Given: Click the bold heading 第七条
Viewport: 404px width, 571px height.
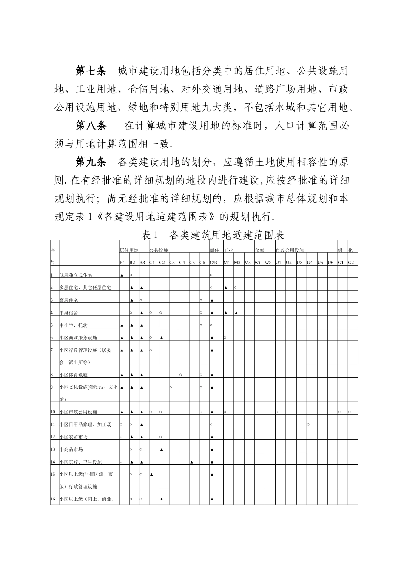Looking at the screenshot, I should (x=91, y=70).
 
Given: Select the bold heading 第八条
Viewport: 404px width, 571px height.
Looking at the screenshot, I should (x=91, y=126).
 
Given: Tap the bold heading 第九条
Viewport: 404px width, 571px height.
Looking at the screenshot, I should (x=91, y=162).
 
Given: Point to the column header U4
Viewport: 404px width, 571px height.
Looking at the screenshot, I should (x=310, y=263).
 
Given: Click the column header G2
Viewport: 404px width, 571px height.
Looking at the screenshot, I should (x=351, y=263).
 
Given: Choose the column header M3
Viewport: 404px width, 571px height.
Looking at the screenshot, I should (x=248, y=263).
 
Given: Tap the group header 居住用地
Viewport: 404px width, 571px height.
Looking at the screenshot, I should (x=129, y=250).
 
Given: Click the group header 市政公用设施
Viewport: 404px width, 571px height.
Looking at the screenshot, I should (x=290, y=250).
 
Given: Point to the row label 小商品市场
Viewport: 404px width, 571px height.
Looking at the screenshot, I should (x=71, y=449).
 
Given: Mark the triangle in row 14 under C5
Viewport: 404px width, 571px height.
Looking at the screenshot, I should (x=191, y=462).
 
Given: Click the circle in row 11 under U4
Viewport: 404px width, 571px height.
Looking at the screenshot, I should (x=308, y=424).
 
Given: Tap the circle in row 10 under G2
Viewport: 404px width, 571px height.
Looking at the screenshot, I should (x=350, y=412).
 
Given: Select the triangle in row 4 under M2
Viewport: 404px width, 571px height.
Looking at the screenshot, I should (x=236, y=313).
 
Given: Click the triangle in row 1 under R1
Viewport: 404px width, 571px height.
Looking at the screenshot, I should (x=122, y=275).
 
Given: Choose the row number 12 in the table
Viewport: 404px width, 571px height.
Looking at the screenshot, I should (x=53, y=437).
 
